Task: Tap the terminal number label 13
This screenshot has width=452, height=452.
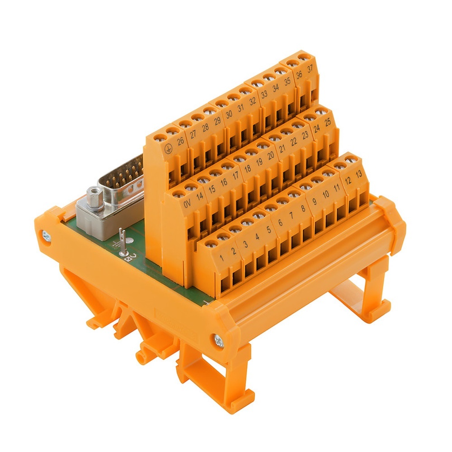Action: coord(359,175)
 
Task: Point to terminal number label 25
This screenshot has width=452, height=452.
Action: coord(328,122)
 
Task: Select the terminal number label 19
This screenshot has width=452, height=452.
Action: coord(259,163)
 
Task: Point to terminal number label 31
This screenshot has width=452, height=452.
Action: coord(240,108)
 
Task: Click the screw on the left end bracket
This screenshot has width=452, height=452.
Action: coord(46,235)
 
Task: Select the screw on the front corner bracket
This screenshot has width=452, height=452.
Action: coord(219,342)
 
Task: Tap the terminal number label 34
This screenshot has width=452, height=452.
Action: coord(276,89)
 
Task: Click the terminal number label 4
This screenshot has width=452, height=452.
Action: coord(257,237)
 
